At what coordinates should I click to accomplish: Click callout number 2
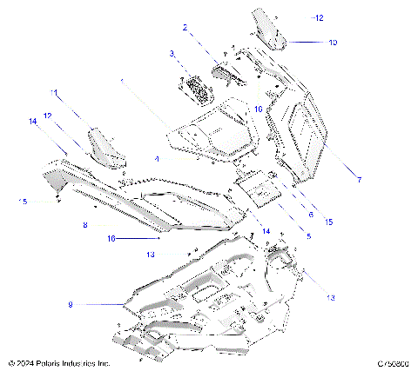click(185, 28)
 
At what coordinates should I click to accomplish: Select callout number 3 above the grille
click(172, 54)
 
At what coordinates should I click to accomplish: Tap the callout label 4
click(157, 159)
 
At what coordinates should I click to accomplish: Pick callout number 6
click(309, 212)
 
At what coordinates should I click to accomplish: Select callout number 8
click(84, 225)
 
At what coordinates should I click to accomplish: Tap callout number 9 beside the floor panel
click(71, 305)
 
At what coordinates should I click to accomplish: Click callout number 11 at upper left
click(54, 92)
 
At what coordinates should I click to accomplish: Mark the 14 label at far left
click(33, 123)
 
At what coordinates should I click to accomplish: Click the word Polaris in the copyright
click(53, 362)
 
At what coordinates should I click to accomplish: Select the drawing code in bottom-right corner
click(394, 362)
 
